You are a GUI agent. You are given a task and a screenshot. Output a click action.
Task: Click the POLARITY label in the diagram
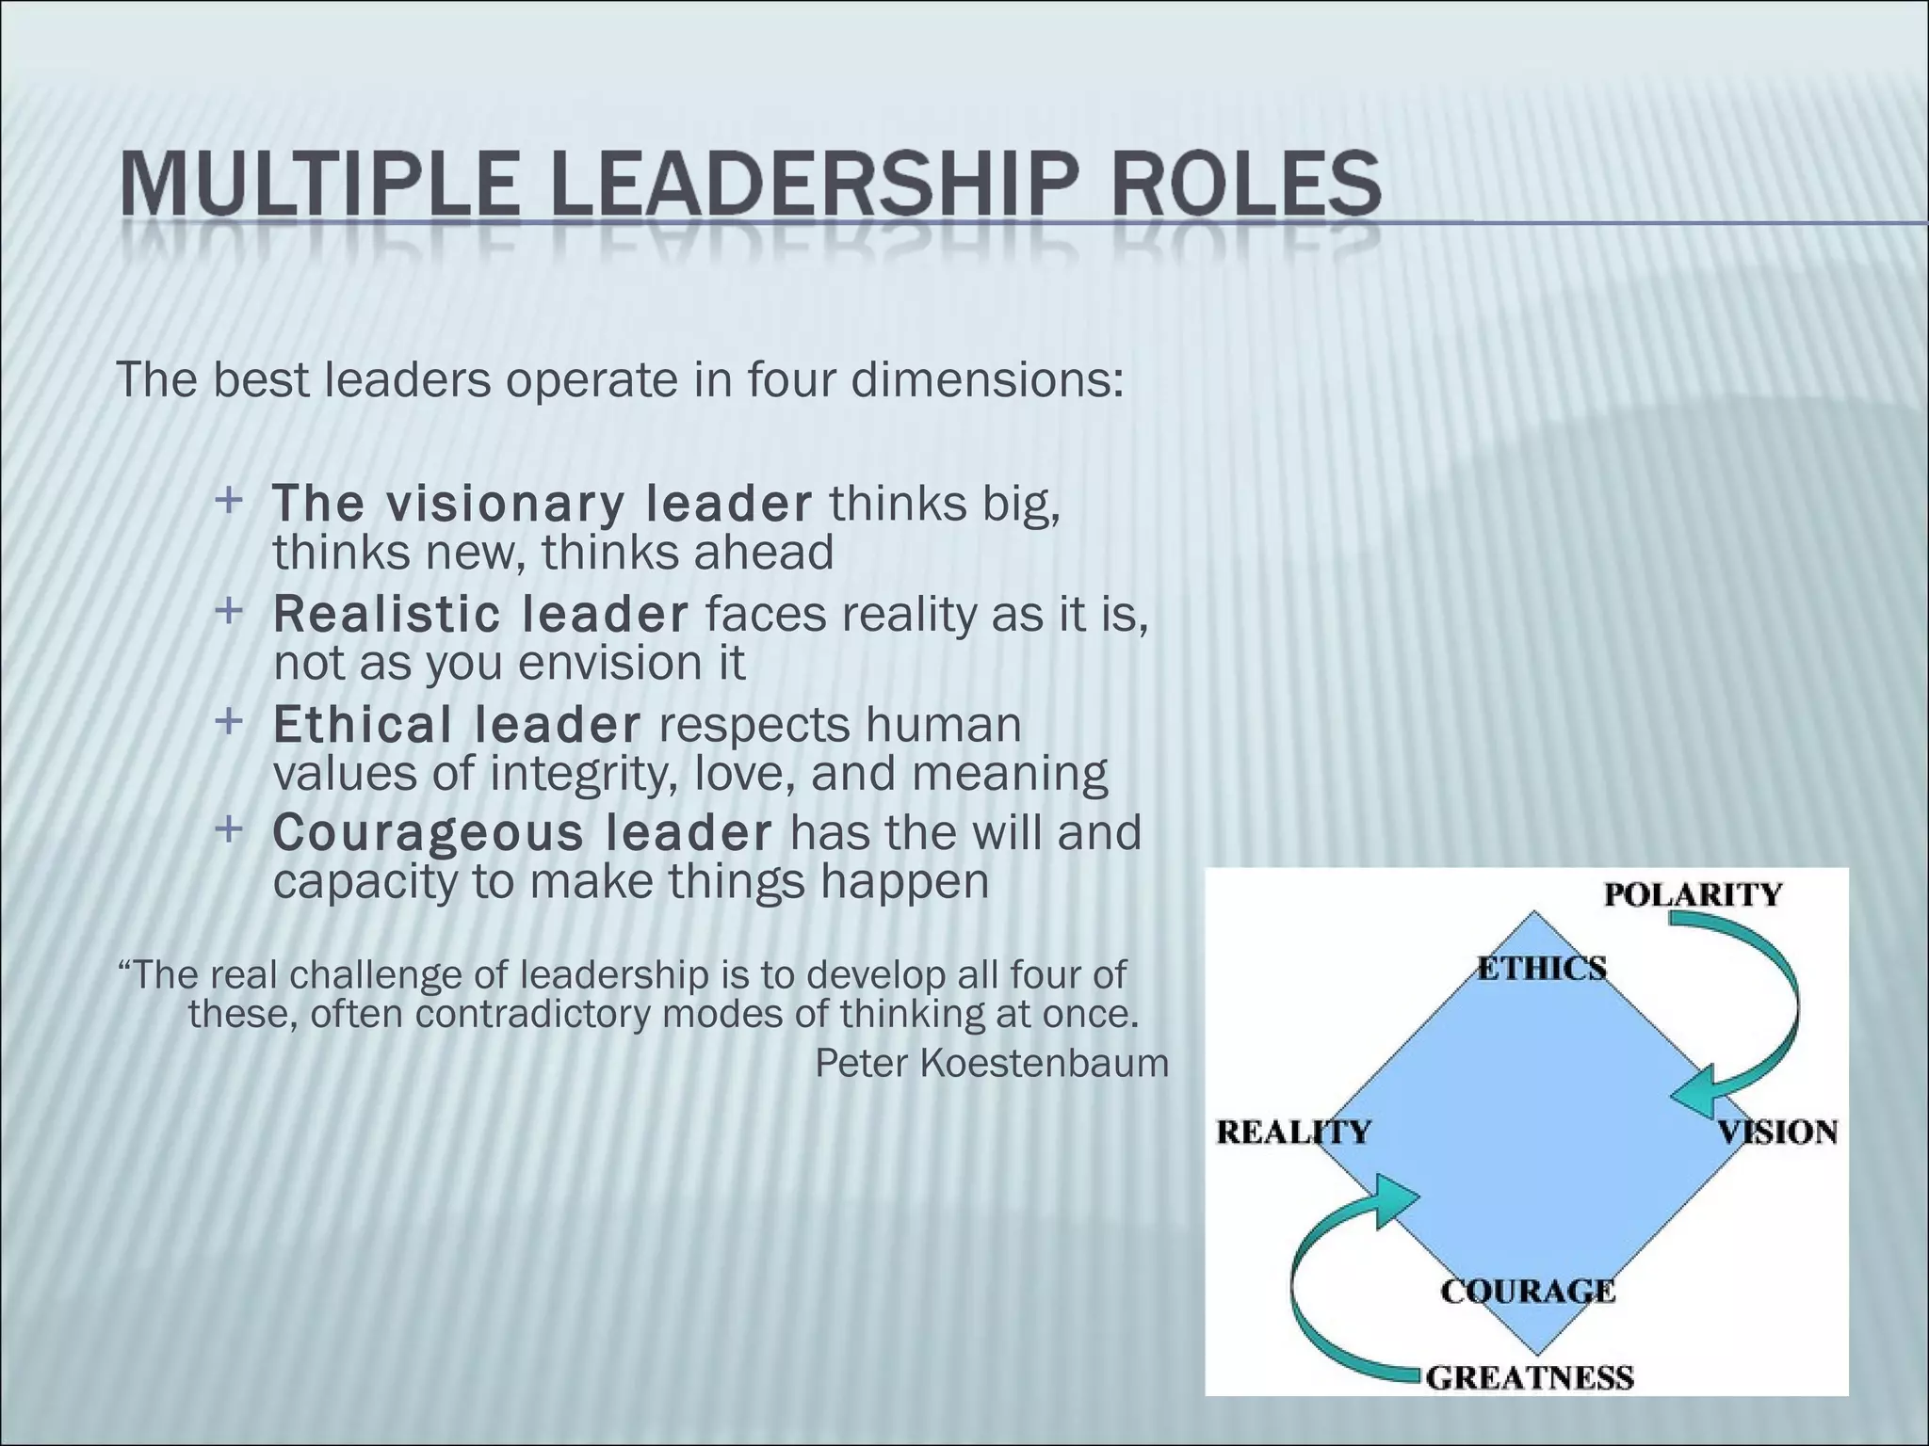tap(1693, 893)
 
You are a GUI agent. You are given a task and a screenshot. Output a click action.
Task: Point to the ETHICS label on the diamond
tap(1542, 968)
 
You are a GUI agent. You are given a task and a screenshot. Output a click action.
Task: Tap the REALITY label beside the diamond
tap(1293, 1132)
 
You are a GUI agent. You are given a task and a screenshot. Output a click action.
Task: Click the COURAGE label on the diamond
tap(1528, 1291)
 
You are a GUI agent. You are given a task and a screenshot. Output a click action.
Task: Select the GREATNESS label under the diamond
tap(1530, 1378)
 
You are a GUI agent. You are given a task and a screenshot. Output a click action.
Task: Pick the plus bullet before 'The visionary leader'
tap(228, 500)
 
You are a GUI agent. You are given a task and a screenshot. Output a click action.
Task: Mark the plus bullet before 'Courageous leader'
tap(228, 829)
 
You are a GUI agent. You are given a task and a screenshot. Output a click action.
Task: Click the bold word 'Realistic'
tap(386, 614)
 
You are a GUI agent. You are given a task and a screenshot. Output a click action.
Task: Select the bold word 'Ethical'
tap(363, 724)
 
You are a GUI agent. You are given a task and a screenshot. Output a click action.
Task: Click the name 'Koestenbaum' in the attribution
tap(1044, 1063)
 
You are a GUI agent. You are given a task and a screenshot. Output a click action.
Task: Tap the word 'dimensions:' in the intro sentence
tap(987, 379)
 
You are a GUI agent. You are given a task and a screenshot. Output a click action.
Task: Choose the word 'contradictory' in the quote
tap(537, 1014)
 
